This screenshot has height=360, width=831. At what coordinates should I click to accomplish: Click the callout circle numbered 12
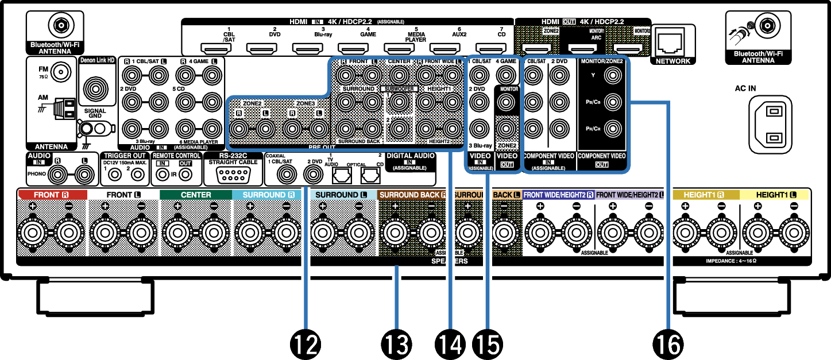[x=307, y=344]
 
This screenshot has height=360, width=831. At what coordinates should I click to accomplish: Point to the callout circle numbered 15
[x=487, y=344]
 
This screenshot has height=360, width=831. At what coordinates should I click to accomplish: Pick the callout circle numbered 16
[x=668, y=344]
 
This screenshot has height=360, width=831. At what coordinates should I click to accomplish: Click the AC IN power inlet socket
[x=770, y=125]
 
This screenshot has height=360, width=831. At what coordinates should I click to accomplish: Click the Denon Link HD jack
[x=95, y=88]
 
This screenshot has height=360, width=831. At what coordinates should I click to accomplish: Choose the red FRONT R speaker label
[x=52, y=195]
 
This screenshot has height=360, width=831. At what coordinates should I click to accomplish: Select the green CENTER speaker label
[x=196, y=195]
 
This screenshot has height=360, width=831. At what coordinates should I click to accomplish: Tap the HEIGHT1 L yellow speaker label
[x=775, y=195]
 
